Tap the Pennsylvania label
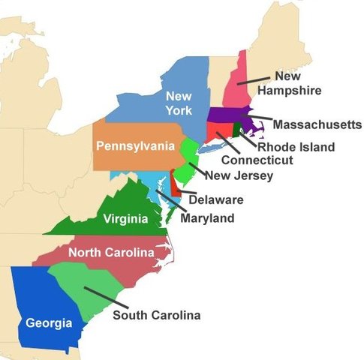(x=134, y=146)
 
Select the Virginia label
(x=125, y=220)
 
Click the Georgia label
(x=49, y=323)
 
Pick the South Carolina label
(x=156, y=315)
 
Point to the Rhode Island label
(x=295, y=147)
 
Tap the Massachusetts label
(x=317, y=124)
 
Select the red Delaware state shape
(x=175, y=182)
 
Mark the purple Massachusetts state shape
(x=225, y=115)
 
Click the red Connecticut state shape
(x=218, y=130)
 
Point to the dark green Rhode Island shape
(x=239, y=128)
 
